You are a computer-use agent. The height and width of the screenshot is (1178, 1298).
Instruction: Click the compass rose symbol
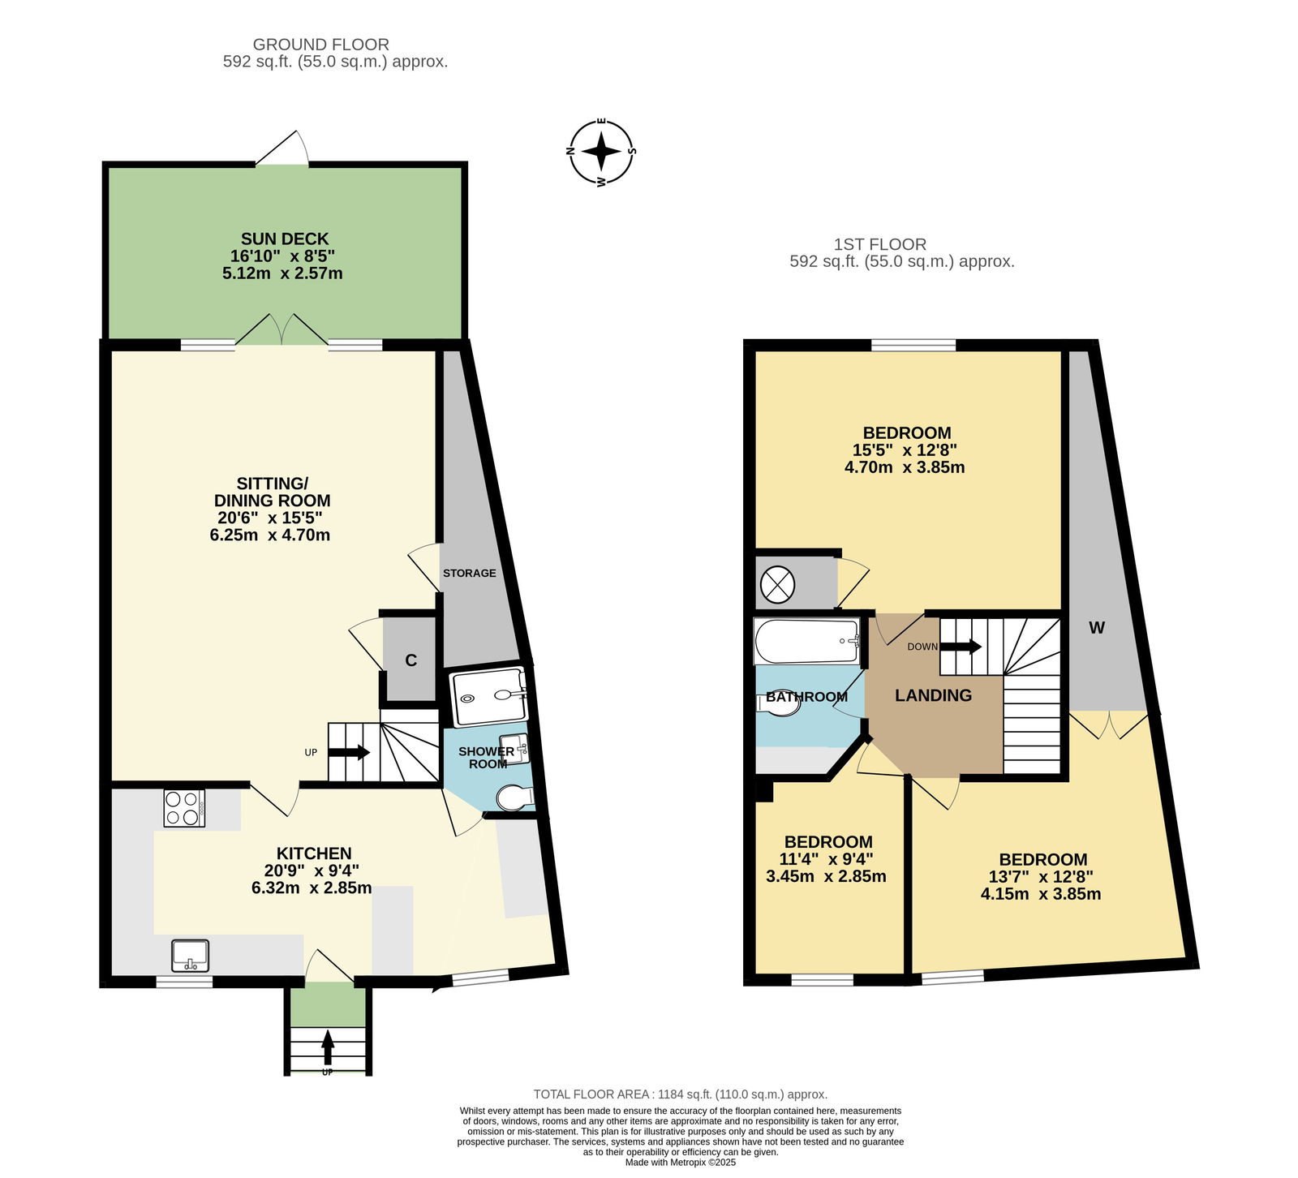point(601,152)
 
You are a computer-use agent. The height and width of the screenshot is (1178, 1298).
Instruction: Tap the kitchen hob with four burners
point(184,808)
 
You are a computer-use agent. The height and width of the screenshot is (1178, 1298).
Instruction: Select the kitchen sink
point(191,956)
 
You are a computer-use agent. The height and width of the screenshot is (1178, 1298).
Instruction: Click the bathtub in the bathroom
point(807,641)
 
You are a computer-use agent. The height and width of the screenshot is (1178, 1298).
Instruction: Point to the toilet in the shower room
point(514,798)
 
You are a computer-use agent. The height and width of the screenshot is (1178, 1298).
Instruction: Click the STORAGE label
point(469,573)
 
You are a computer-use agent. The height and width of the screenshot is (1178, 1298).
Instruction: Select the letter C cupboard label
point(411,660)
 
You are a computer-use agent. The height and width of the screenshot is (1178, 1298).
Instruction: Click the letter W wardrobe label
point(1097,627)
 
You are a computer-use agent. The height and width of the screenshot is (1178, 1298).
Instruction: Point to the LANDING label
point(933,695)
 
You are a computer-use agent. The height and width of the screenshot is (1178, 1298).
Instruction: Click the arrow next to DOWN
point(961,647)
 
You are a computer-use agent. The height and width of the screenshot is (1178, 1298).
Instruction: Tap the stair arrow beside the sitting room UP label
point(349,752)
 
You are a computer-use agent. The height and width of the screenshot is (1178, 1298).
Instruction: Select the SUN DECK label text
point(285,239)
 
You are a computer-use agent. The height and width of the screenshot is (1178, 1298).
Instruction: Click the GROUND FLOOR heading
point(321,45)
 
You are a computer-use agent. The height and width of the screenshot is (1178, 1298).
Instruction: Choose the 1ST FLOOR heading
point(880,244)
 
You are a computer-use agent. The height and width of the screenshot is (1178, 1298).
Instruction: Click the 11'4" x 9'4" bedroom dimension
point(827,859)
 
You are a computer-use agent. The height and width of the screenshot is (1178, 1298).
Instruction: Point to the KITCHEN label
point(314,853)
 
